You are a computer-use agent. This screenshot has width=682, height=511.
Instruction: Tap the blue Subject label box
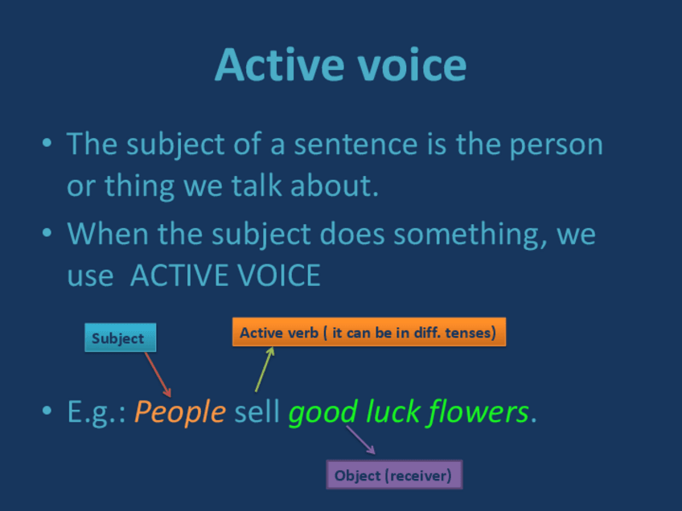[x=121, y=337]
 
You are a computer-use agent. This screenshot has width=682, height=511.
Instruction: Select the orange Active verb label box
[x=369, y=333]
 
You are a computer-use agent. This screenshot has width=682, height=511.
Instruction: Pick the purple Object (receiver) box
[x=395, y=475]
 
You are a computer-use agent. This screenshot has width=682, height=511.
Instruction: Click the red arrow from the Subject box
[x=158, y=374]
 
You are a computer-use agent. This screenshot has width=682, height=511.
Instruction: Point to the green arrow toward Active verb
[x=265, y=370]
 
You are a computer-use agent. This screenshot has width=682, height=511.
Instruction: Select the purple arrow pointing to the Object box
[x=360, y=439]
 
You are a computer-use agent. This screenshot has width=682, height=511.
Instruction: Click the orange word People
[x=180, y=412]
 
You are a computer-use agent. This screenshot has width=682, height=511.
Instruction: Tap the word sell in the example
[x=257, y=411]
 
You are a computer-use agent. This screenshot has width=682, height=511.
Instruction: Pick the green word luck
[x=392, y=411]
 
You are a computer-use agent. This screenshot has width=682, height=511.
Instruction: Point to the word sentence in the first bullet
[x=355, y=145]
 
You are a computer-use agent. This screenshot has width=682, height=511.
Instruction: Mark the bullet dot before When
[x=47, y=233]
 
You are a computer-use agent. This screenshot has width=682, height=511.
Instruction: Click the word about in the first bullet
[x=335, y=186]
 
